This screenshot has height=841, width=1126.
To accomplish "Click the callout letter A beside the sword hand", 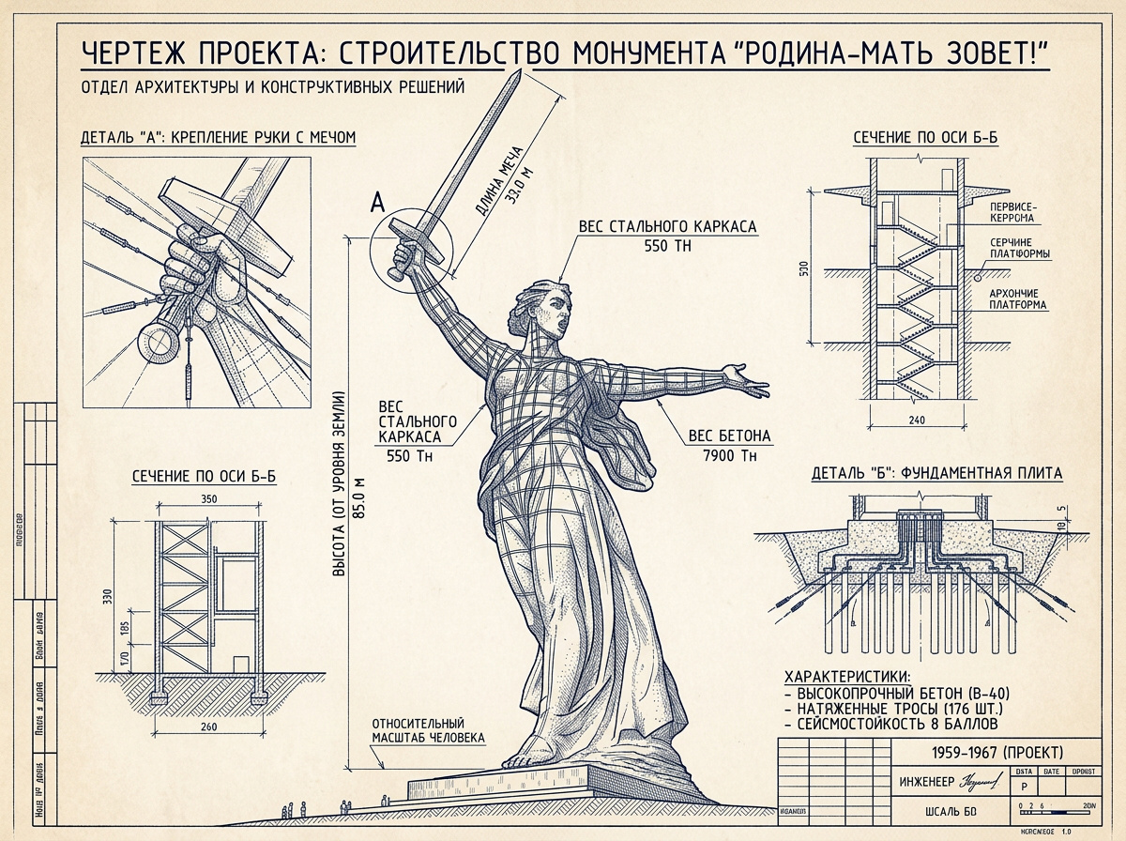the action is [378, 202].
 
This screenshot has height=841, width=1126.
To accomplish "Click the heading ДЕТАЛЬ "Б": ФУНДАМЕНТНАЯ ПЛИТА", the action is [936, 474].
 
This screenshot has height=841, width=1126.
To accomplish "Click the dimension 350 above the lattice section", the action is [208, 499].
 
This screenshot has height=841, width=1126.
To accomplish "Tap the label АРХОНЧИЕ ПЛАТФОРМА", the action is [1019, 298].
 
